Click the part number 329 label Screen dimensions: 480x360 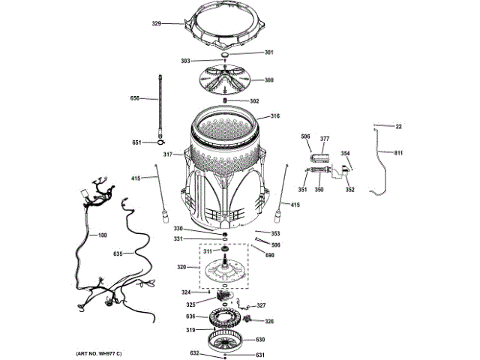tap(156, 24)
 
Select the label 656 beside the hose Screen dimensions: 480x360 tap(135, 98)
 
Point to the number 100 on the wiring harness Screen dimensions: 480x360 tap(102, 235)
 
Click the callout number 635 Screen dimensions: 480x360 tap(118, 253)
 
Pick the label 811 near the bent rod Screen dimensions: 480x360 tap(397, 153)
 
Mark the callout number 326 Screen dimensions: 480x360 tap(268, 322)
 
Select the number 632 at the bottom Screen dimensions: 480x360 tap(193, 352)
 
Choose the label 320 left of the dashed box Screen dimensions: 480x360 tap(181, 267)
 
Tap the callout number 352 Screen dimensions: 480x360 tap(349, 190)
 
